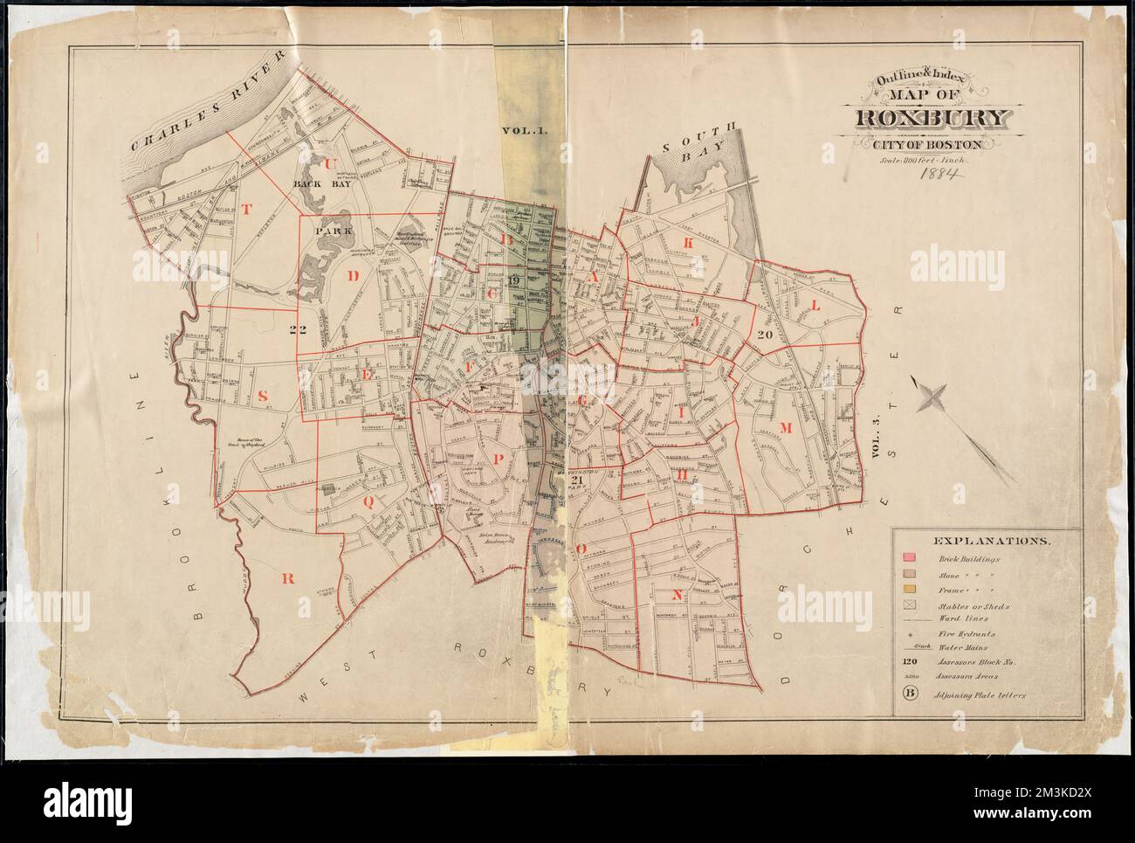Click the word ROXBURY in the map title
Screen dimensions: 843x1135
(x=935, y=118)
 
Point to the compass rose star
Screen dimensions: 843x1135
(x=932, y=398)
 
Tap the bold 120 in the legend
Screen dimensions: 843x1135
(x=910, y=662)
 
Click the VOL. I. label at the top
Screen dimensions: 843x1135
(x=524, y=131)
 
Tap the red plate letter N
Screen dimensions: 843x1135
(x=676, y=596)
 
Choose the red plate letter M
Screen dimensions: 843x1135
(x=784, y=427)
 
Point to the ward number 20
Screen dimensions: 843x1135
(x=767, y=335)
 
